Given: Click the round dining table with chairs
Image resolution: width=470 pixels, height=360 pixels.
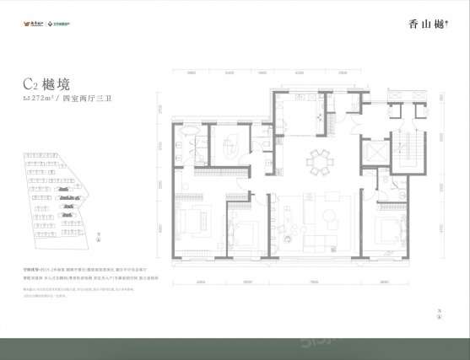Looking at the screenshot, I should tap(320, 159).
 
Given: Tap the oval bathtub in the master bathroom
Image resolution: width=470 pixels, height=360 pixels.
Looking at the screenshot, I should tap(190, 136).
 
